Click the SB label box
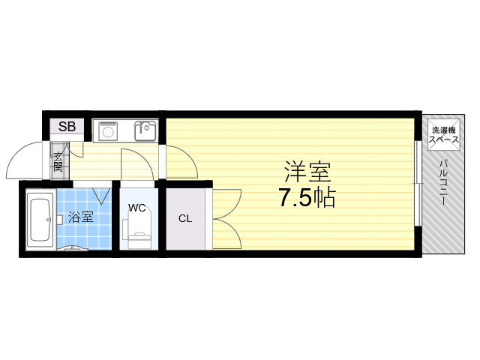[67, 126]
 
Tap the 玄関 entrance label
[58, 162]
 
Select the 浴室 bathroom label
[80, 217]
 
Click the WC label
[136, 208]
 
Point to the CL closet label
[185, 218]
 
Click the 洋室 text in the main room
[307, 172]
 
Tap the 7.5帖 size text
[307, 197]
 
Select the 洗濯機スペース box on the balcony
[443, 135]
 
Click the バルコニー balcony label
[443, 182]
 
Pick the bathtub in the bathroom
[40, 220]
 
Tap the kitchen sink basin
[145, 131]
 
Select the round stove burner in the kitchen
[108, 132]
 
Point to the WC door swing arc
[143, 159]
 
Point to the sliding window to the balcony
[417, 184]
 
